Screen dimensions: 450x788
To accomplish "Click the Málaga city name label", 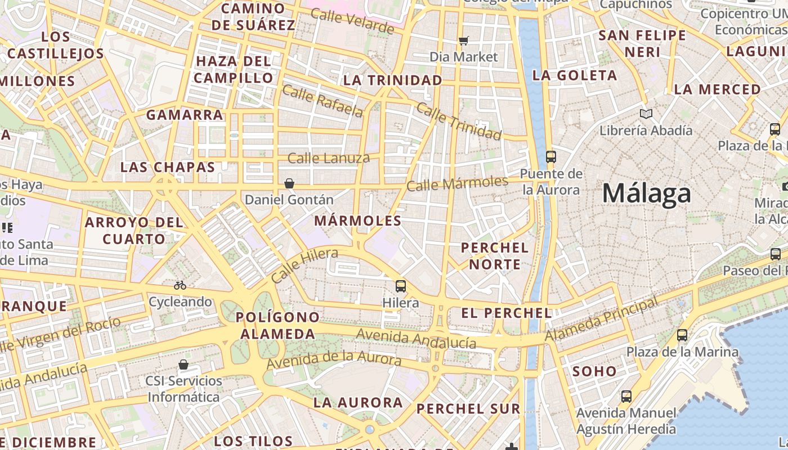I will pos(646,193).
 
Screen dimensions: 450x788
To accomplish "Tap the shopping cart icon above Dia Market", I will pos(463,40).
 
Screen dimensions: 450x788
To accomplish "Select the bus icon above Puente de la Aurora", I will pos(550,157).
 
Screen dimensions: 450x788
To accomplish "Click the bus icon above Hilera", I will pos(400,286).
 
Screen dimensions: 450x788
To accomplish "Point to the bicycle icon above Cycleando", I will pos(180,285).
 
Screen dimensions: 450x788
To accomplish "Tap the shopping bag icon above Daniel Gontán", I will pos(289,183).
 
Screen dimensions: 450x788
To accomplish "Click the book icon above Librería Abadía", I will pos(646,114).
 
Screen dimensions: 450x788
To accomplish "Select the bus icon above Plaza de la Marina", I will pos(682,335).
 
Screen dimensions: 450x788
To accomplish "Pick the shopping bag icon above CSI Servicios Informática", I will pos(183,364).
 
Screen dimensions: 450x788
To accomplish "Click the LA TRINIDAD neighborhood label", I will pos(393,80).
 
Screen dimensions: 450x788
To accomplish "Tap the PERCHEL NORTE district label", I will pos(495,256).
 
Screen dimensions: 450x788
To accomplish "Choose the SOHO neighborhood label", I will pos(595,371).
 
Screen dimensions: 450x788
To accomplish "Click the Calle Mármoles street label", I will pos(457,183).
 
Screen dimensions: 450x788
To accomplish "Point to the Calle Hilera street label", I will pos(304,265).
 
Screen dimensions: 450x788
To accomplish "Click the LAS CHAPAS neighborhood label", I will pos(168,167).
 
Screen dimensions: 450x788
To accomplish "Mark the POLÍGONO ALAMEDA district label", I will pos(275,326).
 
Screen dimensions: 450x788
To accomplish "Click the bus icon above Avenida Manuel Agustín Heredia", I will pos(626,397).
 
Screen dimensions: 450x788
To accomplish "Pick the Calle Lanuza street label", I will pos(329,158).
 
